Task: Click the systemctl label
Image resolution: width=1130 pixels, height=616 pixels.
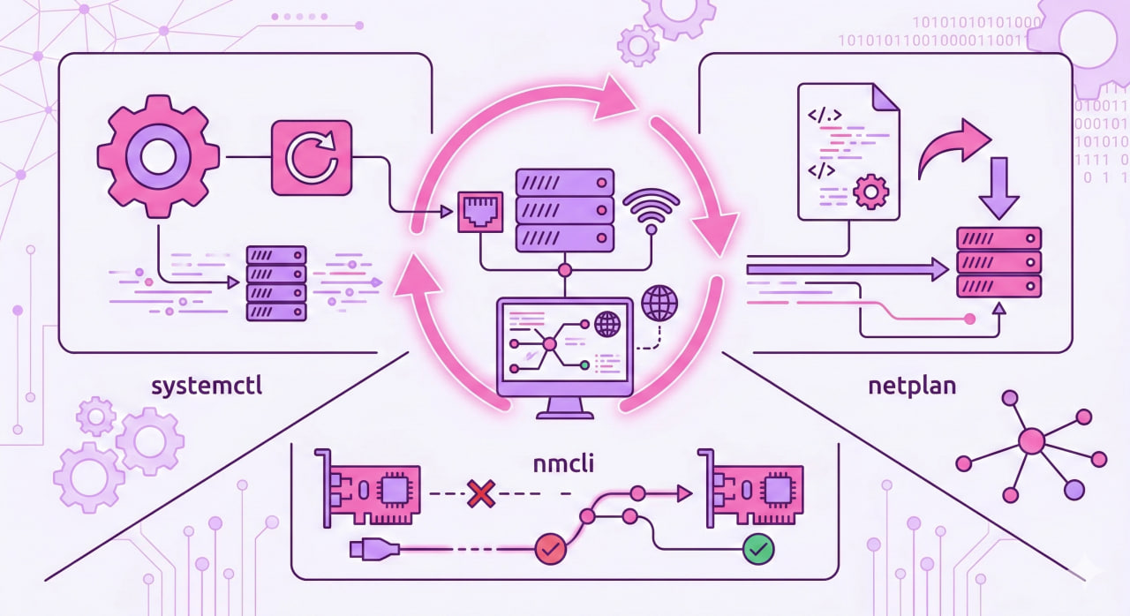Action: pos(207,387)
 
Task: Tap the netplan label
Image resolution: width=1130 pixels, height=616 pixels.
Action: pos(912,387)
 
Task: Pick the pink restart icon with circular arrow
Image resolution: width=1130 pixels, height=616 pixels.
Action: pos(311,158)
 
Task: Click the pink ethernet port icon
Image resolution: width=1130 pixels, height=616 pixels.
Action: pos(478,212)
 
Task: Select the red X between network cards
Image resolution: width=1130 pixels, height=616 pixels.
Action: pos(480,493)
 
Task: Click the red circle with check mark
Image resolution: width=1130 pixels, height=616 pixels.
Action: pos(549,549)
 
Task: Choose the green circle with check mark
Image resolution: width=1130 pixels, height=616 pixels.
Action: pos(757,549)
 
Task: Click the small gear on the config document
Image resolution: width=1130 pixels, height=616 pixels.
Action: pos(870,191)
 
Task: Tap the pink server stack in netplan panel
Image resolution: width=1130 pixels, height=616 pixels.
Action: pos(999,263)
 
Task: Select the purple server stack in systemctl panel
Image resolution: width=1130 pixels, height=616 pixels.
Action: pos(275,283)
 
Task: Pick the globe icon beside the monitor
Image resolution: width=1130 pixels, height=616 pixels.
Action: pos(659,303)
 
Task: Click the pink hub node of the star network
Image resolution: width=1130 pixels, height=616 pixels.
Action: pos(1031,440)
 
